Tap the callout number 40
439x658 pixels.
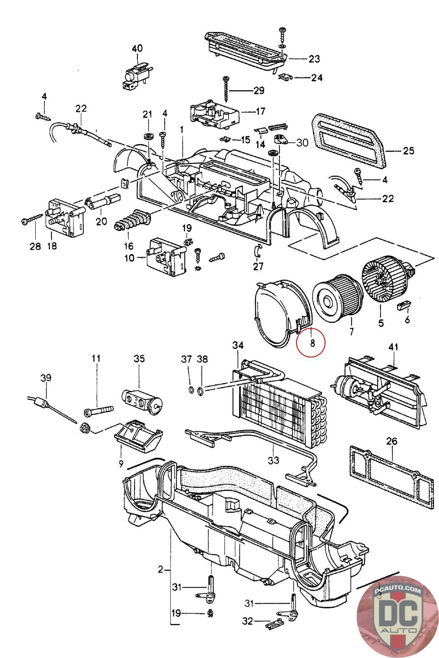tap(137, 48)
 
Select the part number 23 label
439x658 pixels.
tap(314, 59)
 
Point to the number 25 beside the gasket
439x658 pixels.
tap(409, 151)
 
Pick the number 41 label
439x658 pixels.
tap(393, 348)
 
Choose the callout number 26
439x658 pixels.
tap(392, 442)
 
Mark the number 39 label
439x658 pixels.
tap(46, 378)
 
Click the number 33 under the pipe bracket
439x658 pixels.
tap(273, 459)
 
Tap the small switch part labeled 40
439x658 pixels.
tap(133, 74)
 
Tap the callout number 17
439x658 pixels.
tap(260, 111)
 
